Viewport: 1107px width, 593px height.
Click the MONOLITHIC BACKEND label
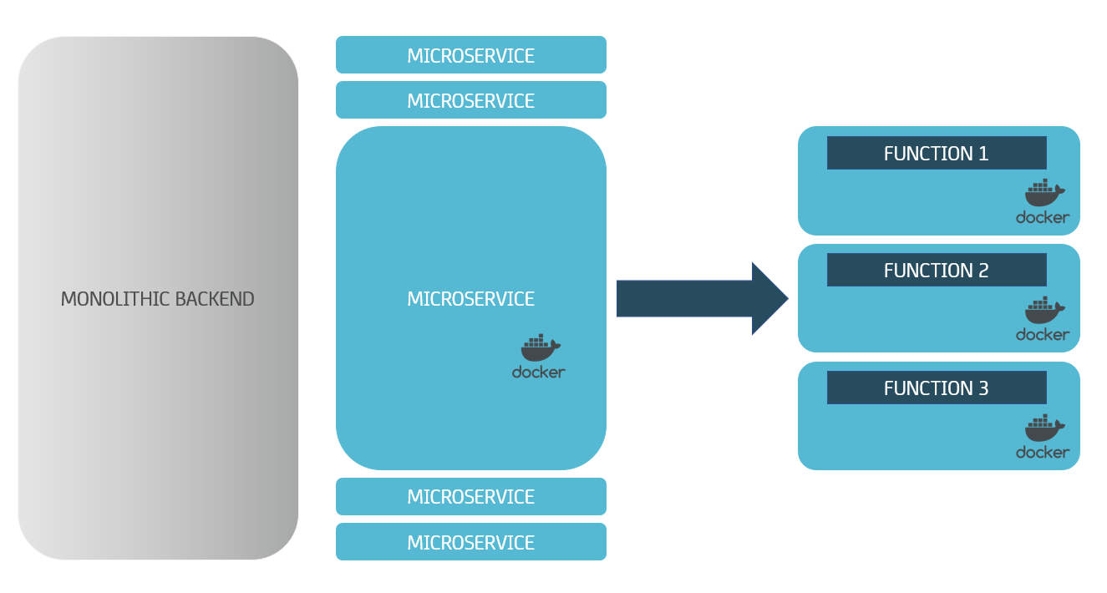[157, 299]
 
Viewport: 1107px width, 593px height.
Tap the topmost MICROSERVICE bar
[470, 55]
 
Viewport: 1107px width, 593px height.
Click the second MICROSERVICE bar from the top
[470, 100]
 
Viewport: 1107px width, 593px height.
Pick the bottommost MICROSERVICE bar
[470, 542]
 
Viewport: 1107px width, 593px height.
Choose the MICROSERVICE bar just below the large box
[470, 497]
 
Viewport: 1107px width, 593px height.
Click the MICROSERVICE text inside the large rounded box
[470, 299]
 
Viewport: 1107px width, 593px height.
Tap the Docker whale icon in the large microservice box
[540, 346]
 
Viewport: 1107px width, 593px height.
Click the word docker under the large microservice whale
[539, 372]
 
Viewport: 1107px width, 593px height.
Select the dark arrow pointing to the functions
[685, 298]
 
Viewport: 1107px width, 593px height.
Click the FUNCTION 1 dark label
[936, 154]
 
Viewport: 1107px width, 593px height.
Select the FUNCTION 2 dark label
[936, 271]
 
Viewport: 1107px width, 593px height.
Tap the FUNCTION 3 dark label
[936, 388]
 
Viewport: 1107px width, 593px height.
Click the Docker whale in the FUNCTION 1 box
[1044, 193]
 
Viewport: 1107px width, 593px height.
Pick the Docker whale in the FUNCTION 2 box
[1044, 311]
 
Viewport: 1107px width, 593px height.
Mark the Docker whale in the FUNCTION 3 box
[1044, 428]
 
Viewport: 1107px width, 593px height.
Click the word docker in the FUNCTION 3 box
[1042, 452]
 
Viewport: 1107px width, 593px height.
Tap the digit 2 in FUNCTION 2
[983, 271]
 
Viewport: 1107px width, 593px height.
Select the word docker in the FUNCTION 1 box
[1042, 217]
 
